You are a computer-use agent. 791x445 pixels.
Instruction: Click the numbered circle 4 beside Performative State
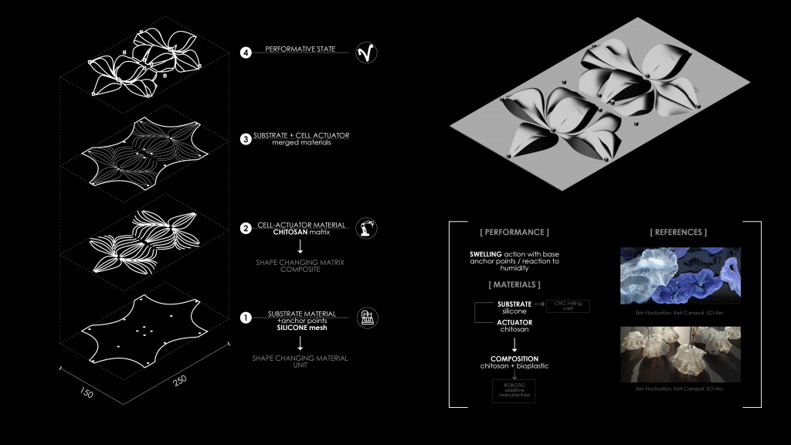click(246, 53)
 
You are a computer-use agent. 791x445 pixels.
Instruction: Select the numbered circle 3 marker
click(246, 139)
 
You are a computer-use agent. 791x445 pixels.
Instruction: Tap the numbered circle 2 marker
click(246, 229)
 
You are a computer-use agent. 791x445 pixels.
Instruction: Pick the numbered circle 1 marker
click(246, 318)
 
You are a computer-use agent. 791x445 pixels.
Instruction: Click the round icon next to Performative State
click(365, 53)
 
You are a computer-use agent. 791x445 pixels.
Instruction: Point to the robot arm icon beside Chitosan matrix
click(365, 229)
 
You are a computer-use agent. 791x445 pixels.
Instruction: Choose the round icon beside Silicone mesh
click(365, 318)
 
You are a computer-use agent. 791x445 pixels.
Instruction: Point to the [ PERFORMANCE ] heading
click(514, 232)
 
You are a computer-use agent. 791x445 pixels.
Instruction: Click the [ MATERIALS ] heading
click(514, 285)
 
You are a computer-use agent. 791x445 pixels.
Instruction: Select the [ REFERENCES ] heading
click(679, 232)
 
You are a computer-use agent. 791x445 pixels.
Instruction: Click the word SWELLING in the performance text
click(487, 253)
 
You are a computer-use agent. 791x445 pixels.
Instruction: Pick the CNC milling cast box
click(567, 306)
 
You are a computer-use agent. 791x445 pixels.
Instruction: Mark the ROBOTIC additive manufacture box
click(513, 391)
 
